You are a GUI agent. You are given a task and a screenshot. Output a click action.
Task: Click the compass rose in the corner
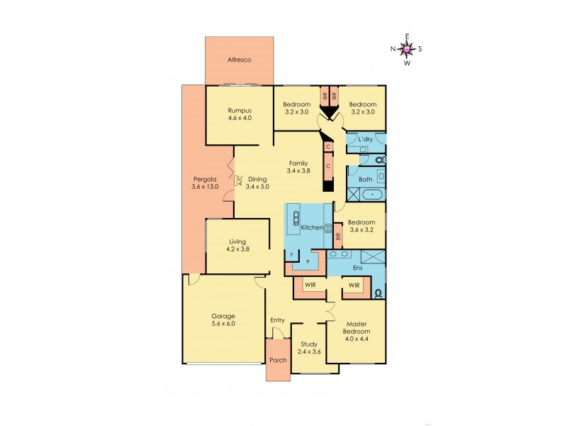coord(406,48)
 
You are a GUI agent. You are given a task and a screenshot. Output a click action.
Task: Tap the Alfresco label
coord(240,61)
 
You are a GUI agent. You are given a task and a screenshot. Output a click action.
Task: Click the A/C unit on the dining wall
coord(240,180)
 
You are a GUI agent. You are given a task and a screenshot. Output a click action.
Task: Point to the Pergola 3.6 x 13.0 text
coord(205,187)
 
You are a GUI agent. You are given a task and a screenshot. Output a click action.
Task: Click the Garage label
coord(223,316)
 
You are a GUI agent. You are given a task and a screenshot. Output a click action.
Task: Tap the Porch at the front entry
coord(278,360)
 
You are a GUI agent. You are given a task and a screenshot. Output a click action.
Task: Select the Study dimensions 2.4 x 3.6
coord(309,351)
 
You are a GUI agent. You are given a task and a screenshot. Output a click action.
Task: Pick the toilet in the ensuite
coord(378,291)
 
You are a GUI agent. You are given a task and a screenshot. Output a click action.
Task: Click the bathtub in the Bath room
coord(366,193)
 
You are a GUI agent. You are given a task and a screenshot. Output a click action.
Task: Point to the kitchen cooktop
coord(328,228)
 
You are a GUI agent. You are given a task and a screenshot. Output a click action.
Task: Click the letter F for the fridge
coord(291,253)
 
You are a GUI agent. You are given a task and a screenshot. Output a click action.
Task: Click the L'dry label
coord(365,138)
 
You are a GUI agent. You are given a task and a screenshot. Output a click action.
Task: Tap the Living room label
coord(237,241)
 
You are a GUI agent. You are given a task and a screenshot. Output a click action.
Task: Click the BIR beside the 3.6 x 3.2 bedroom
coord(338,236)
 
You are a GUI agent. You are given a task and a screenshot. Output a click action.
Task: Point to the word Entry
coord(277,320)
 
